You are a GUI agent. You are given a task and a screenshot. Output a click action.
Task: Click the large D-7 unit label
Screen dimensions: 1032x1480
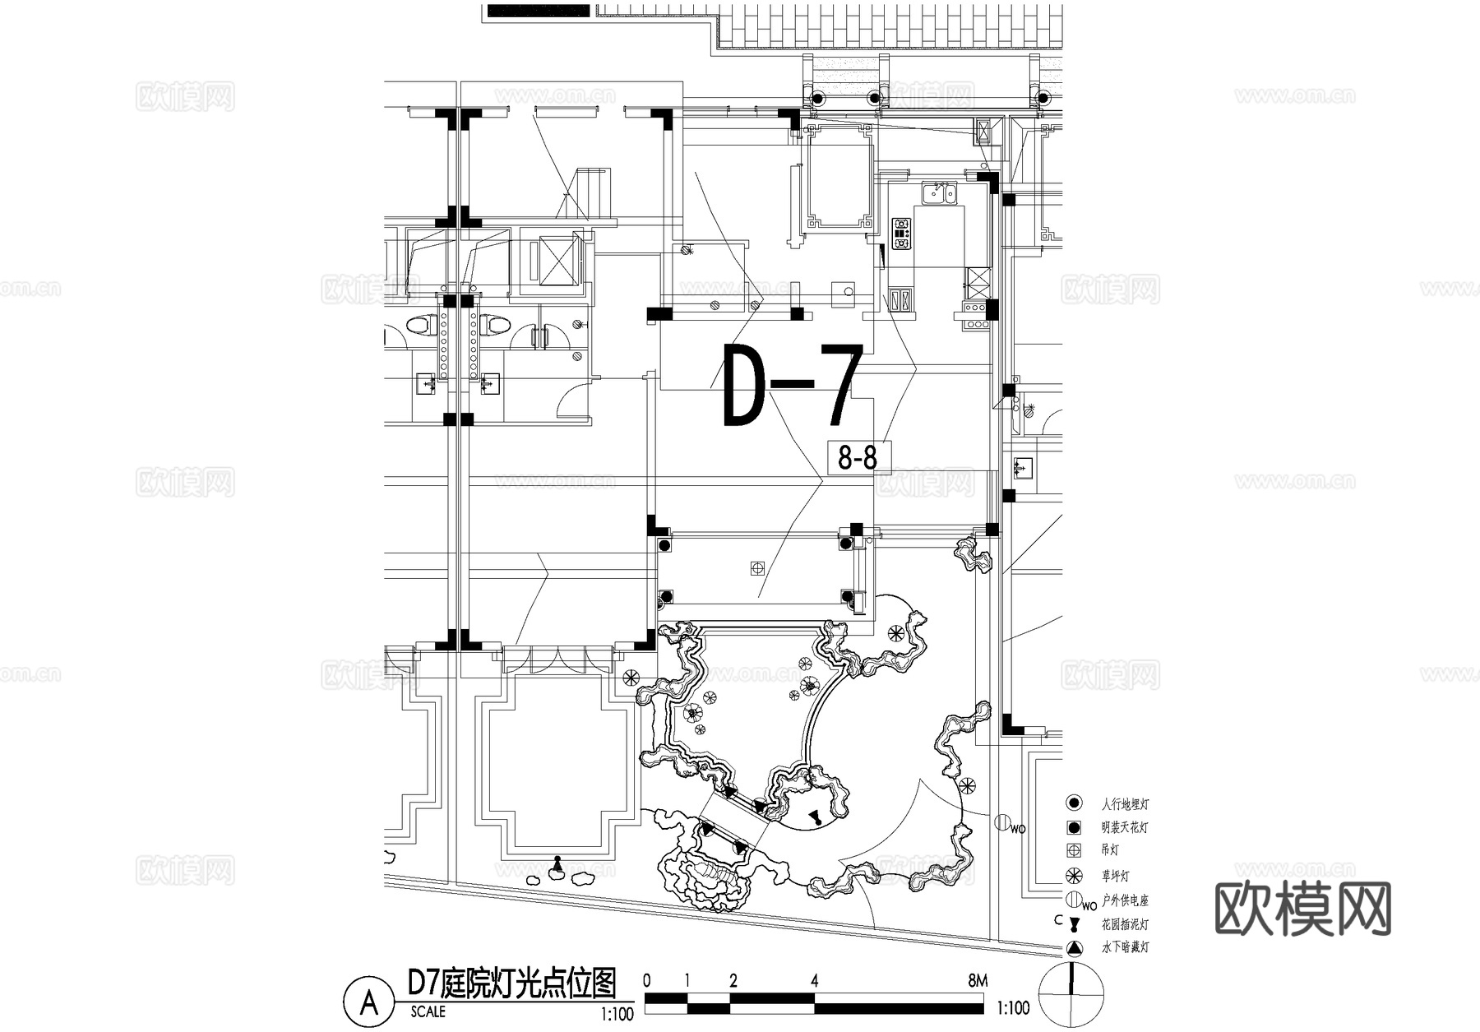(x=792, y=386)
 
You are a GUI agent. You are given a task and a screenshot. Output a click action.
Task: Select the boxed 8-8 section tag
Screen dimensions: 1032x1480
(x=858, y=458)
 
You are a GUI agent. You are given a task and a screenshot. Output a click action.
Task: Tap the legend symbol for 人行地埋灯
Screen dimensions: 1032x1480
(x=1073, y=803)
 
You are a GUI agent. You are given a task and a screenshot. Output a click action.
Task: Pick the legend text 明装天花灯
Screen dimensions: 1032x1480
(x=1124, y=827)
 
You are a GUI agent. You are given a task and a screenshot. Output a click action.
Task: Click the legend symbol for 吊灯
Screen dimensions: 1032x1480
(x=1073, y=850)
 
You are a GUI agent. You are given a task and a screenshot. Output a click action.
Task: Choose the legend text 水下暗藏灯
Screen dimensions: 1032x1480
(x=1125, y=947)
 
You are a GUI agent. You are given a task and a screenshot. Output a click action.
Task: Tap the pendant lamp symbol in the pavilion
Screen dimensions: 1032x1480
(x=757, y=567)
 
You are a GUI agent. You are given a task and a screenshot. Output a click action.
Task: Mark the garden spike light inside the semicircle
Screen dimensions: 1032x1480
(x=815, y=817)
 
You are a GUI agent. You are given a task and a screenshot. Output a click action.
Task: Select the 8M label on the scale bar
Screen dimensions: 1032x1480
(x=977, y=980)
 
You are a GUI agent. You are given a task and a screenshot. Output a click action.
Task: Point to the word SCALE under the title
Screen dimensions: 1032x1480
(x=428, y=1012)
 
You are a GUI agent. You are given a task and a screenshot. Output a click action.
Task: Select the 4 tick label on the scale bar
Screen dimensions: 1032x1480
(x=814, y=980)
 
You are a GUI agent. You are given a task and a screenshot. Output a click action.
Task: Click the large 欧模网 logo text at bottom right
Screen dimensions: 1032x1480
(x=1302, y=909)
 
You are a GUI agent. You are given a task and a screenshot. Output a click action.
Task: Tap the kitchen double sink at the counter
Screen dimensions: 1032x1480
(x=938, y=193)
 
